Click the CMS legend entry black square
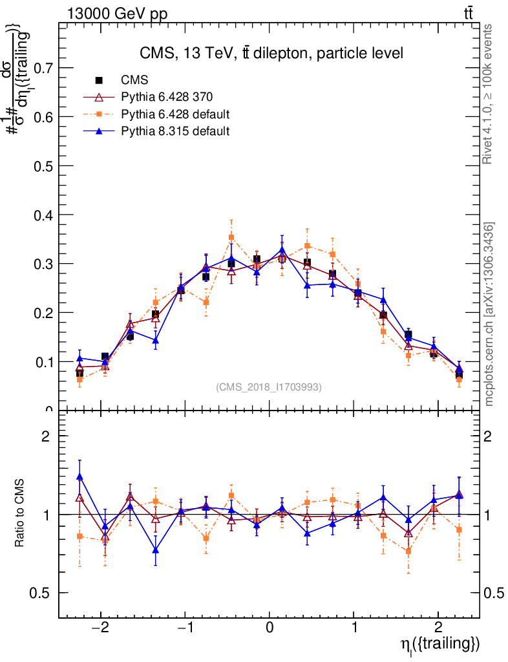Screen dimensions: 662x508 tap(99, 80)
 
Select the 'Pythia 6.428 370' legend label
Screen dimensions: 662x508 tap(167, 97)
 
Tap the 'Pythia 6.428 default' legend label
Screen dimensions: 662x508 tap(175, 114)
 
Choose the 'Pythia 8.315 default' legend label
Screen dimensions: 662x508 tap(175, 131)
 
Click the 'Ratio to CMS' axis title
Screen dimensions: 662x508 tap(21, 514)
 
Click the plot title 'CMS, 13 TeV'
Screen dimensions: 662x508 tap(271, 54)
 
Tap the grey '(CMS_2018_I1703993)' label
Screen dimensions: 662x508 tap(269, 387)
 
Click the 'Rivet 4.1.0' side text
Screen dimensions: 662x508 tap(489, 94)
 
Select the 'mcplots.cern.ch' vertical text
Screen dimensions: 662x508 tap(489, 314)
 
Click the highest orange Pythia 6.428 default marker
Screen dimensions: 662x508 tap(231, 237)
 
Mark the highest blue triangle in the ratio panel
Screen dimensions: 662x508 tap(79, 476)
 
